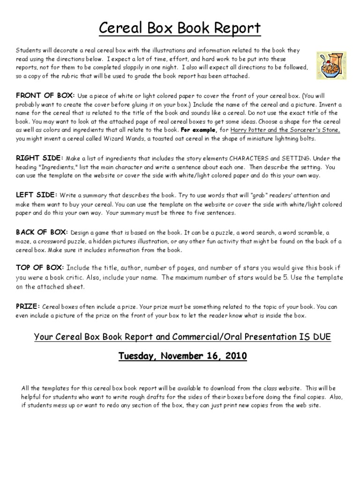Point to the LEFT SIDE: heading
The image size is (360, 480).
point(36,195)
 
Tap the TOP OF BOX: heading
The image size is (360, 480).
point(39,268)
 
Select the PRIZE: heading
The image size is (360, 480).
point(28,306)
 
